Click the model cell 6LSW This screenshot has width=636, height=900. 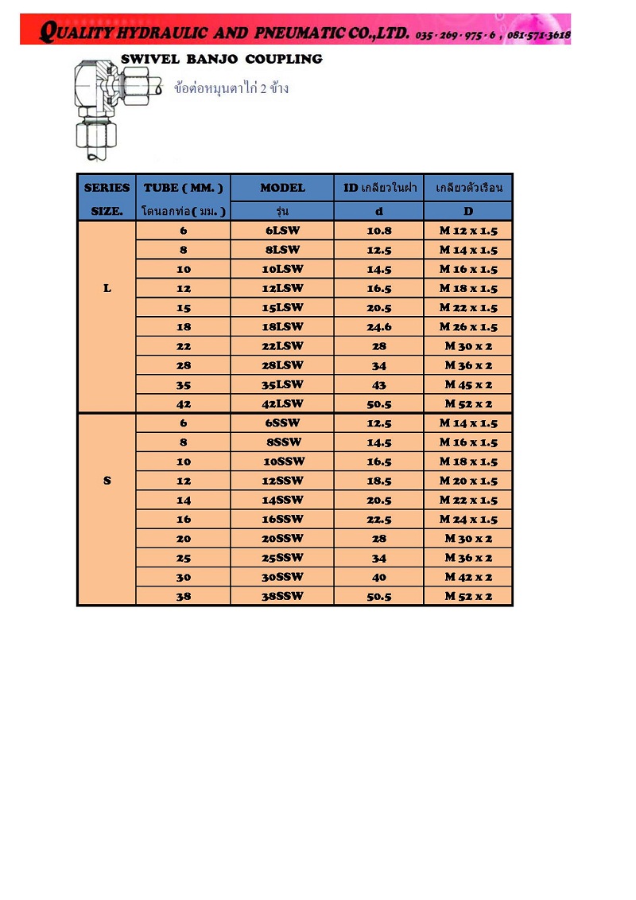(282, 231)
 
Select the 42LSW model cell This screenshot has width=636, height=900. (282, 403)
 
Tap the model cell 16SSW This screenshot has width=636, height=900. (282, 519)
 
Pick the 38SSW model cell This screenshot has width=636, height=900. (282, 596)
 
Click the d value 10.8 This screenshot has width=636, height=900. (378, 231)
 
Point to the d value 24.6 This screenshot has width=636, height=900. (378, 327)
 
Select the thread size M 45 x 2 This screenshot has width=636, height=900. (468, 384)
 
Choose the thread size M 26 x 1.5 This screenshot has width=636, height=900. (468, 327)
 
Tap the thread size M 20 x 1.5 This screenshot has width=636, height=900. (468, 481)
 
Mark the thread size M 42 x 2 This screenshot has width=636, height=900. (468, 577)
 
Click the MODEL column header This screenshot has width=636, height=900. (282, 188)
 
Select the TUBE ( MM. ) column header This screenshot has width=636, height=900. (184, 188)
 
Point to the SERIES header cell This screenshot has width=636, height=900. (107, 188)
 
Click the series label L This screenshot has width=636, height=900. (107, 288)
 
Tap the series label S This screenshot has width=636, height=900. (107, 481)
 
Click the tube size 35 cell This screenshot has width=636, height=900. (184, 384)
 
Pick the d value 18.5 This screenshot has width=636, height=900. (378, 481)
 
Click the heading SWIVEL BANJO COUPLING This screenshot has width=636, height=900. (221, 59)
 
